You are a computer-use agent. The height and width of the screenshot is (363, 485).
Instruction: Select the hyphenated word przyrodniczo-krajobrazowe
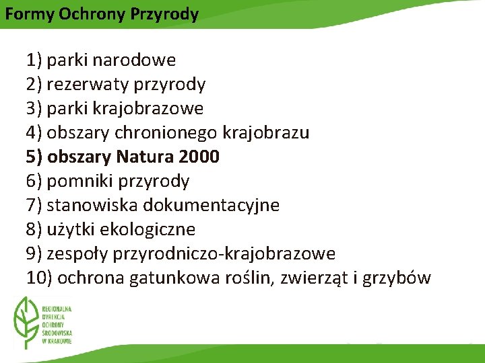(x=225, y=254)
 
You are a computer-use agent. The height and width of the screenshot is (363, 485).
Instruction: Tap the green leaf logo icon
(x=28, y=321)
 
